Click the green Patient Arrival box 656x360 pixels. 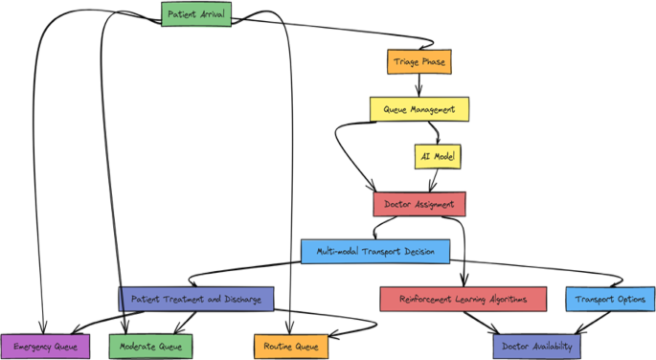point(195,13)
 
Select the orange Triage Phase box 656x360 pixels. point(418,62)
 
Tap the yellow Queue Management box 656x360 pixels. point(419,109)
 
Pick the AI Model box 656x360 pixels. point(437,156)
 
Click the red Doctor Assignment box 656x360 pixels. point(418,204)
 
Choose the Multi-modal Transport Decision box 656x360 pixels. point(374,252)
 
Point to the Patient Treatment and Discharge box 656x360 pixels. point(196,299)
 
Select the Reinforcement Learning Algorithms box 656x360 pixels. point(463,299)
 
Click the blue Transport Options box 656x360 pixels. point(609,299)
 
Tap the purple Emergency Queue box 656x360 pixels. point(45,346)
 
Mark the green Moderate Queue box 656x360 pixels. point(150,346)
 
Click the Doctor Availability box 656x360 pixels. point(536,346)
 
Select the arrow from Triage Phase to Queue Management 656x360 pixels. point(418,85)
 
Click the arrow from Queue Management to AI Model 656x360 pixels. point(437,132)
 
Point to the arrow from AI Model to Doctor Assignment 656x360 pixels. point(434,180)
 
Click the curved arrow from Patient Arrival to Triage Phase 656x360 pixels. point(335,34)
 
